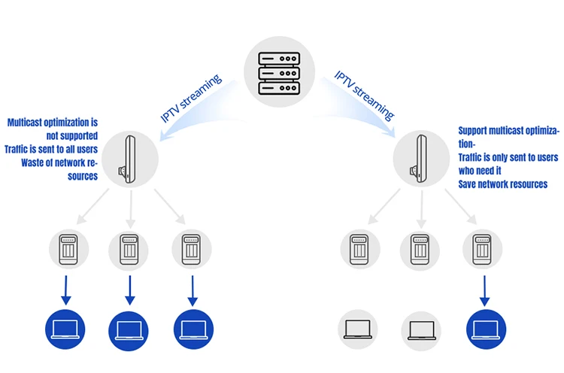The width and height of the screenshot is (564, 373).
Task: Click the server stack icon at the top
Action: coord(279,73)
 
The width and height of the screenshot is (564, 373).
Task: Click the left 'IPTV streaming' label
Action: coord(191,99)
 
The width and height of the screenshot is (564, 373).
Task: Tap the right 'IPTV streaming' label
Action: coord(365,96)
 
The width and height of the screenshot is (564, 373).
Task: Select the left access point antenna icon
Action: coord(127,159)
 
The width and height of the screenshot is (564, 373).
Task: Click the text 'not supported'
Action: coord(72,136)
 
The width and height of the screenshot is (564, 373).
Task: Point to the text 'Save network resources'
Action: coord(502,184)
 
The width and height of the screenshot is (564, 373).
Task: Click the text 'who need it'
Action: coord(480,171)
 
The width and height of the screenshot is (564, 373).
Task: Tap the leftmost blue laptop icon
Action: coord(65,329)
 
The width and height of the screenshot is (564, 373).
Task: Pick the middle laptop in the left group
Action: coord(129,331)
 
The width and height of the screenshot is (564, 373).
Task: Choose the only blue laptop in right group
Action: coord(486,329)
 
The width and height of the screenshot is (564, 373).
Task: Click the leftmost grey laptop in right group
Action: coord(357,329)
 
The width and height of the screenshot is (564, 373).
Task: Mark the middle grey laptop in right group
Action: coord(421,331)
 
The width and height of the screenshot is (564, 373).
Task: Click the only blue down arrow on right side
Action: coord(484,290)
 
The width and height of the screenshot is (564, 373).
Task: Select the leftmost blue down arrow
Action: coord(66,290)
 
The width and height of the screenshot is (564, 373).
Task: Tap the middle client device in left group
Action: coord(129,249)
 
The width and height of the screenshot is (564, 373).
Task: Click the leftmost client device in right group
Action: coord(359,249)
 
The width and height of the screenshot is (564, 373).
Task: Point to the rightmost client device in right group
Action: coord(482,249)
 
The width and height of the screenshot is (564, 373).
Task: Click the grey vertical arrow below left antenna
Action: coord(131,209)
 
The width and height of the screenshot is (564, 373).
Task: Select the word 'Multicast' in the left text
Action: coord(25,123)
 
